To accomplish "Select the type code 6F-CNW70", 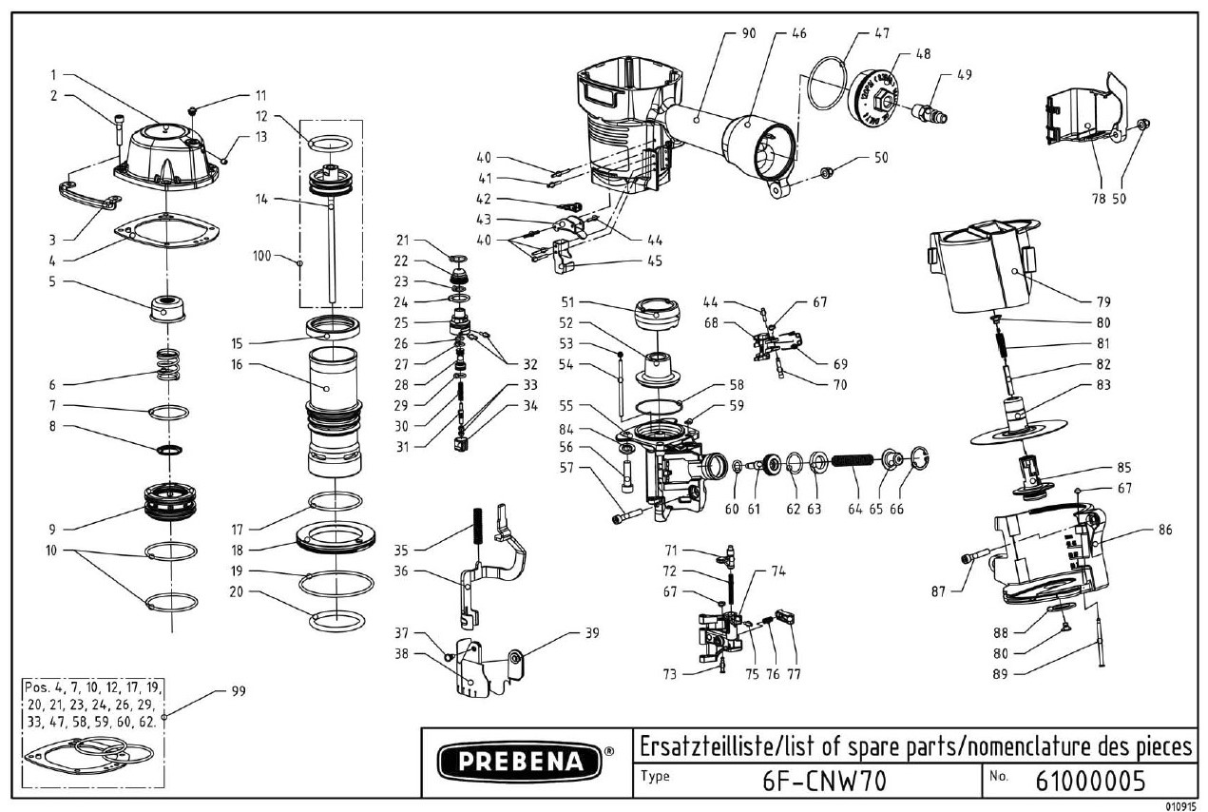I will click(823, 781).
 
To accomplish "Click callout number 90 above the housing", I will click(748, 33).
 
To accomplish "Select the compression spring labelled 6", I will click(167, 364).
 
